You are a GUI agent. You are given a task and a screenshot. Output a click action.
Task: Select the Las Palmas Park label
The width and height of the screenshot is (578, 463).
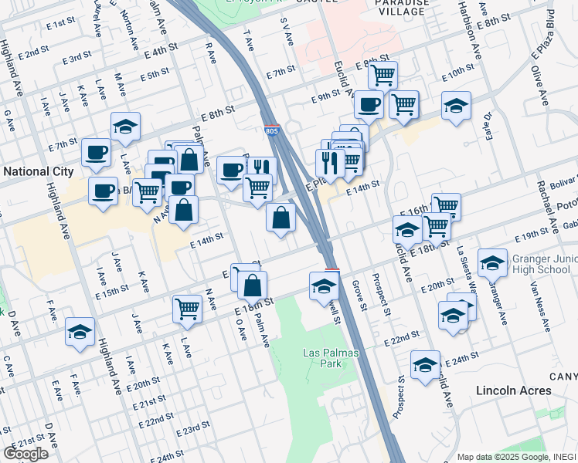pyautogui.click(x=327, y=357)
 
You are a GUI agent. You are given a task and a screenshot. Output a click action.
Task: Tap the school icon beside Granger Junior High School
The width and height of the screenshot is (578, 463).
pyautogui.click(x=492, y=263)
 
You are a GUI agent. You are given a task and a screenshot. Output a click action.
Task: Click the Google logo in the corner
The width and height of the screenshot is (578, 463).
pyautogui.click(x=25, y=454)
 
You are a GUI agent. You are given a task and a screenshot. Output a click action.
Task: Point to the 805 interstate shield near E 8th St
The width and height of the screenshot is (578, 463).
pyautogui.click(x=271, y=132)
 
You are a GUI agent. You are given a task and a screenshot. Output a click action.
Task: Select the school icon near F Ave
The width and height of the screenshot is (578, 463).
pyautogui.click(x=80, y=332)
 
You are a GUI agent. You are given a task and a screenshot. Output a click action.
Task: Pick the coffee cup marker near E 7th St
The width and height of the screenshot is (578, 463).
pyautogui.click(x=97, y=152)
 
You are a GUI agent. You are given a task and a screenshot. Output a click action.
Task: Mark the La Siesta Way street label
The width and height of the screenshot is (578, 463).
pyautogui.click(x=465, y=266)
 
